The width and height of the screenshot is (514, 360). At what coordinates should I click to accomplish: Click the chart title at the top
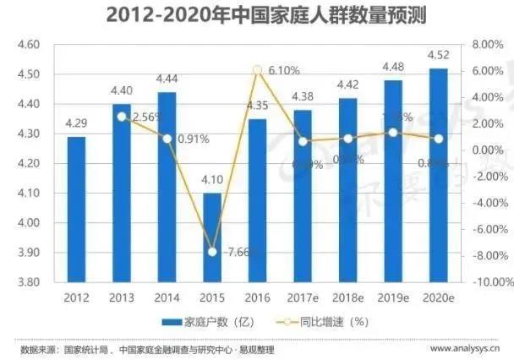click(258, 14)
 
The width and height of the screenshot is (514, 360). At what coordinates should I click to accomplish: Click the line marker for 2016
click(259, 70)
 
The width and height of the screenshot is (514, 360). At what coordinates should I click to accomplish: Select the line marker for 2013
click(121, 117)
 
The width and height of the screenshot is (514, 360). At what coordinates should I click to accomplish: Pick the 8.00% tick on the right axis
click(486, 44)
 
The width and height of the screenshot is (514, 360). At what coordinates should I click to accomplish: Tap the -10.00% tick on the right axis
click(484, 282)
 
